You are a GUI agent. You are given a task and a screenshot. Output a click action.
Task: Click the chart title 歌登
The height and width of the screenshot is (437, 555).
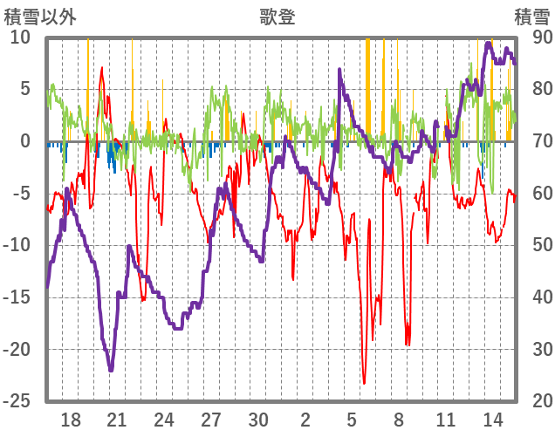coord(277,16)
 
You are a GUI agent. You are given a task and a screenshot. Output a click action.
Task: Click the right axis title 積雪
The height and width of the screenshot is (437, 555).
coord(531,16)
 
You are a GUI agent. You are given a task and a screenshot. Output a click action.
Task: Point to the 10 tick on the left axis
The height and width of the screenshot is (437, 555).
coord(21,37)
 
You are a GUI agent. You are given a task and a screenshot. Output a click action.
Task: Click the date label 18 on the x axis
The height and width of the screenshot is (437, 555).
coord(71,420)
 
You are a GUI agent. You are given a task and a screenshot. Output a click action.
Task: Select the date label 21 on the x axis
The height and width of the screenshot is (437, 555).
coord(117,420)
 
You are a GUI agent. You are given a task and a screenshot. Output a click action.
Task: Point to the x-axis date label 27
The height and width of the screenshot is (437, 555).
coord(211,420)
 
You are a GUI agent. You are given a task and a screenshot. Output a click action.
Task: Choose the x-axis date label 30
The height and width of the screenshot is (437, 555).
coord(258,420)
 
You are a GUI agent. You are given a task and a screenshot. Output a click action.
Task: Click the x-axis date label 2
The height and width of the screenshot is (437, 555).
coord(305,420)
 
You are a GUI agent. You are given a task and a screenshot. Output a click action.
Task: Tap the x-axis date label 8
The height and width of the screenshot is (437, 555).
coord(399,420)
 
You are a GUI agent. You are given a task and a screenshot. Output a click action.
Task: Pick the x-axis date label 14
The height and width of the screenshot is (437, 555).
coord(493,420)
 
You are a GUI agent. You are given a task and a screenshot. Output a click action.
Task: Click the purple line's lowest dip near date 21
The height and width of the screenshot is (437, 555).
coord(111,371)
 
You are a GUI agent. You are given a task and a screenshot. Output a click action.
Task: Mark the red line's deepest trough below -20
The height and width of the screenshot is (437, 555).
coord(364,383)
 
